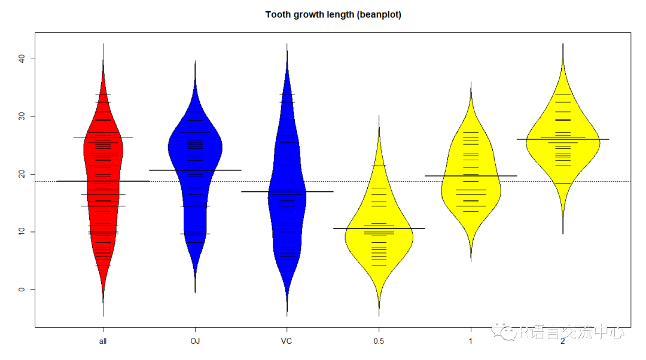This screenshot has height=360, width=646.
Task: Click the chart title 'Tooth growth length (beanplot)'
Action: pos(333,14)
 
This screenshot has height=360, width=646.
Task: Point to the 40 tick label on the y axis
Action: pos(21,59)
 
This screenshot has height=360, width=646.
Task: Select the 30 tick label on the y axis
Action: pos(21,116)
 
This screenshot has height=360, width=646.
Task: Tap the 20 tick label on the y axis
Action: pos(21,174)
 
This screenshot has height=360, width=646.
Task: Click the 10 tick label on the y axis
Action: pos(21,231)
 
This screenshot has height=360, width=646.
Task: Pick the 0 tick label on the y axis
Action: pos(21,289)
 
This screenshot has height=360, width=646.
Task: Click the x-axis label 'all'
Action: pos(103,341)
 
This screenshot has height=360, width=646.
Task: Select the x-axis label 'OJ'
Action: pos(195,341)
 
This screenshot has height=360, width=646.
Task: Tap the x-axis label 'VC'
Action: pos(287,341)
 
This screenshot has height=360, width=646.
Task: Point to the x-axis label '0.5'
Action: pos(379,341)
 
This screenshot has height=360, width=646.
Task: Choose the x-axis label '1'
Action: pos(471,341)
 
